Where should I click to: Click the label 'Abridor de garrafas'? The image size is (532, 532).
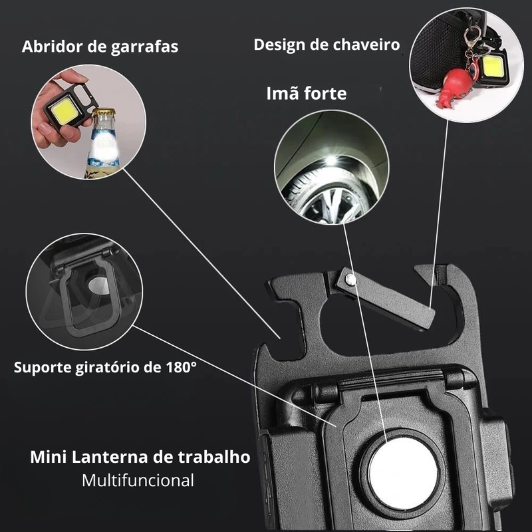[x=100, y=47]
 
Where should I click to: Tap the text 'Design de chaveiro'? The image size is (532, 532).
[x=327, y=45]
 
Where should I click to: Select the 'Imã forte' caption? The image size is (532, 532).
[x=307, y=93]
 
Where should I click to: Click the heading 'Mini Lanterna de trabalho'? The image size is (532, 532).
[x=140, y=458]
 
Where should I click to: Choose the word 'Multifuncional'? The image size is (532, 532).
[x=138, y=479]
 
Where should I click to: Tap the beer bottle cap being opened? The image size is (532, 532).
[x=104, y=113]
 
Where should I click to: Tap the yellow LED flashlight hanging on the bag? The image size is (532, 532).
[x=493, y=68]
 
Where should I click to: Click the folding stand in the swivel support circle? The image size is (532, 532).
[x=86, y=293]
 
